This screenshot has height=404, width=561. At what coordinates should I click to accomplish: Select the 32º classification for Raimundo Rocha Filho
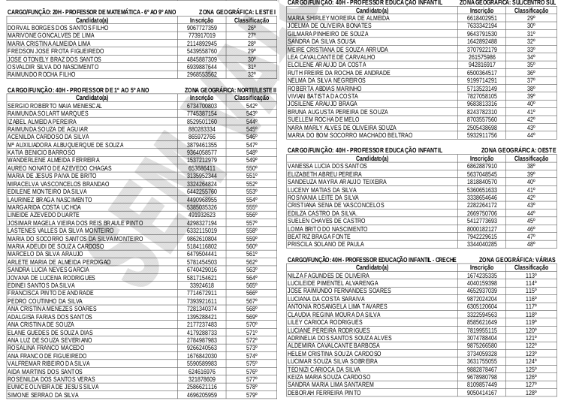[x=252, y=75]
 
